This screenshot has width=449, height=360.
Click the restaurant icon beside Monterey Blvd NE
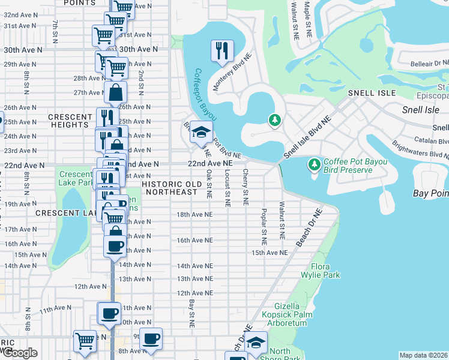click(222, 50)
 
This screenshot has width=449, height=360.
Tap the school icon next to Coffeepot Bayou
click(201, 133)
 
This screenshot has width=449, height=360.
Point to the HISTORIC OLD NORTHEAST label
click(170, 188)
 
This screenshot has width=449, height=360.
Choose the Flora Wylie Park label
click(325, 271)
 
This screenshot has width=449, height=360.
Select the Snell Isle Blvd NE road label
click(307, 137)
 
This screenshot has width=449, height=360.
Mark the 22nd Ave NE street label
click(209, 163)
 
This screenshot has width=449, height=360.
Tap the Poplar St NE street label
click(264, 227)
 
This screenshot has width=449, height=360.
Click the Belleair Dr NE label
click(430, 63)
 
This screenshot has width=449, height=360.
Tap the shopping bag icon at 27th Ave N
click(115, 93)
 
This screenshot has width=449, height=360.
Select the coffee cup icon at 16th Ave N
click(115, 245)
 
